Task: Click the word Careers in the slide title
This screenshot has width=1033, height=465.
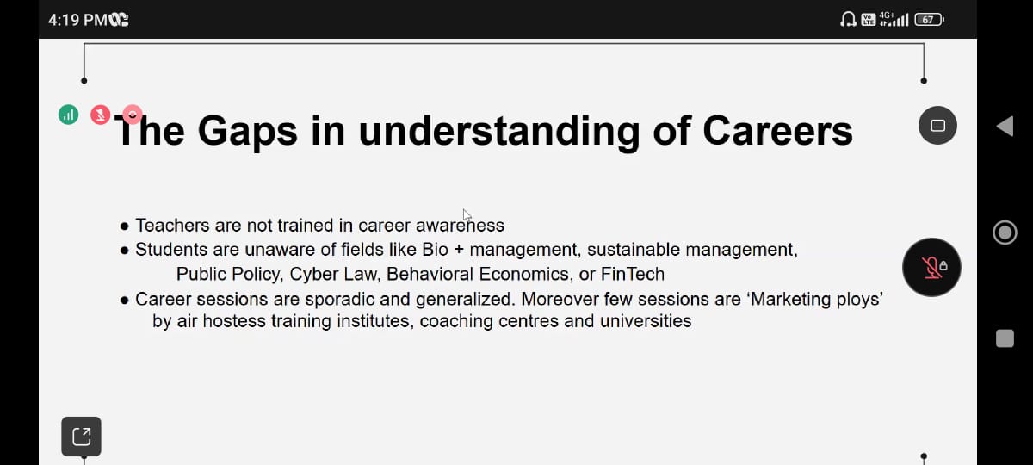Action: point(777,131)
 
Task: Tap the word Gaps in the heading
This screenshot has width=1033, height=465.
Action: point(247,133)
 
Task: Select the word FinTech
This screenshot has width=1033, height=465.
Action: point(633,274)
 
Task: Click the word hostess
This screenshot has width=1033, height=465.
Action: point(234,321)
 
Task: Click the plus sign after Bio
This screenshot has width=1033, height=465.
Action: point(459,250)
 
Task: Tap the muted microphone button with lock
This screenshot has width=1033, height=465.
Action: point(931,267)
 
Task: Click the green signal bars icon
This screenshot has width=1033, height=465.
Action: point(68,115)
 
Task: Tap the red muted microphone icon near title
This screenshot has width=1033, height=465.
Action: point(100,115)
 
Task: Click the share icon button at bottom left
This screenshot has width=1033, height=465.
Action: point(81,437)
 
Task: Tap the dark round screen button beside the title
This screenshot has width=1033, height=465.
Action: point(937,126)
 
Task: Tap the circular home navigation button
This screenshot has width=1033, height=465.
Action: point(1005,232)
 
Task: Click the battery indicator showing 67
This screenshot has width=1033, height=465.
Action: point(929,20)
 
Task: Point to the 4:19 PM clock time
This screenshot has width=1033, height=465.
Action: point(77,20)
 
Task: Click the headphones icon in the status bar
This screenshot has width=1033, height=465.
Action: point(848,19)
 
